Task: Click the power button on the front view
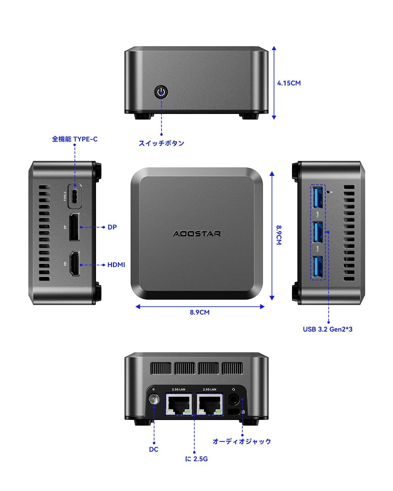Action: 161,92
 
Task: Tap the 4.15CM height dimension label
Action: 289,83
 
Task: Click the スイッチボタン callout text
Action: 161,143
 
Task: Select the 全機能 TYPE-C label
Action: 75,139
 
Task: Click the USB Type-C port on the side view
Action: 75,196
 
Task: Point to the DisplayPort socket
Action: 74,227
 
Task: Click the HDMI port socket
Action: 75,264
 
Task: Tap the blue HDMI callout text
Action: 116,265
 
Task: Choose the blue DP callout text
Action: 112,227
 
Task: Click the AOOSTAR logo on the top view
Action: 196,234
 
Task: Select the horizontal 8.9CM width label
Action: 199,312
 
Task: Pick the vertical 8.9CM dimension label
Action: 279,235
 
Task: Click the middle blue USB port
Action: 317,232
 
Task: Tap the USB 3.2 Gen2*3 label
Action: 327,329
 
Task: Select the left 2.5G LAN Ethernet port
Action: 179,404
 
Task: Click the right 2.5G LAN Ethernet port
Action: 210,404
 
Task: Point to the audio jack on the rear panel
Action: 234,399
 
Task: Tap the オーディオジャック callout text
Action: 242,441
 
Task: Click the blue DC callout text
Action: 154,449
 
